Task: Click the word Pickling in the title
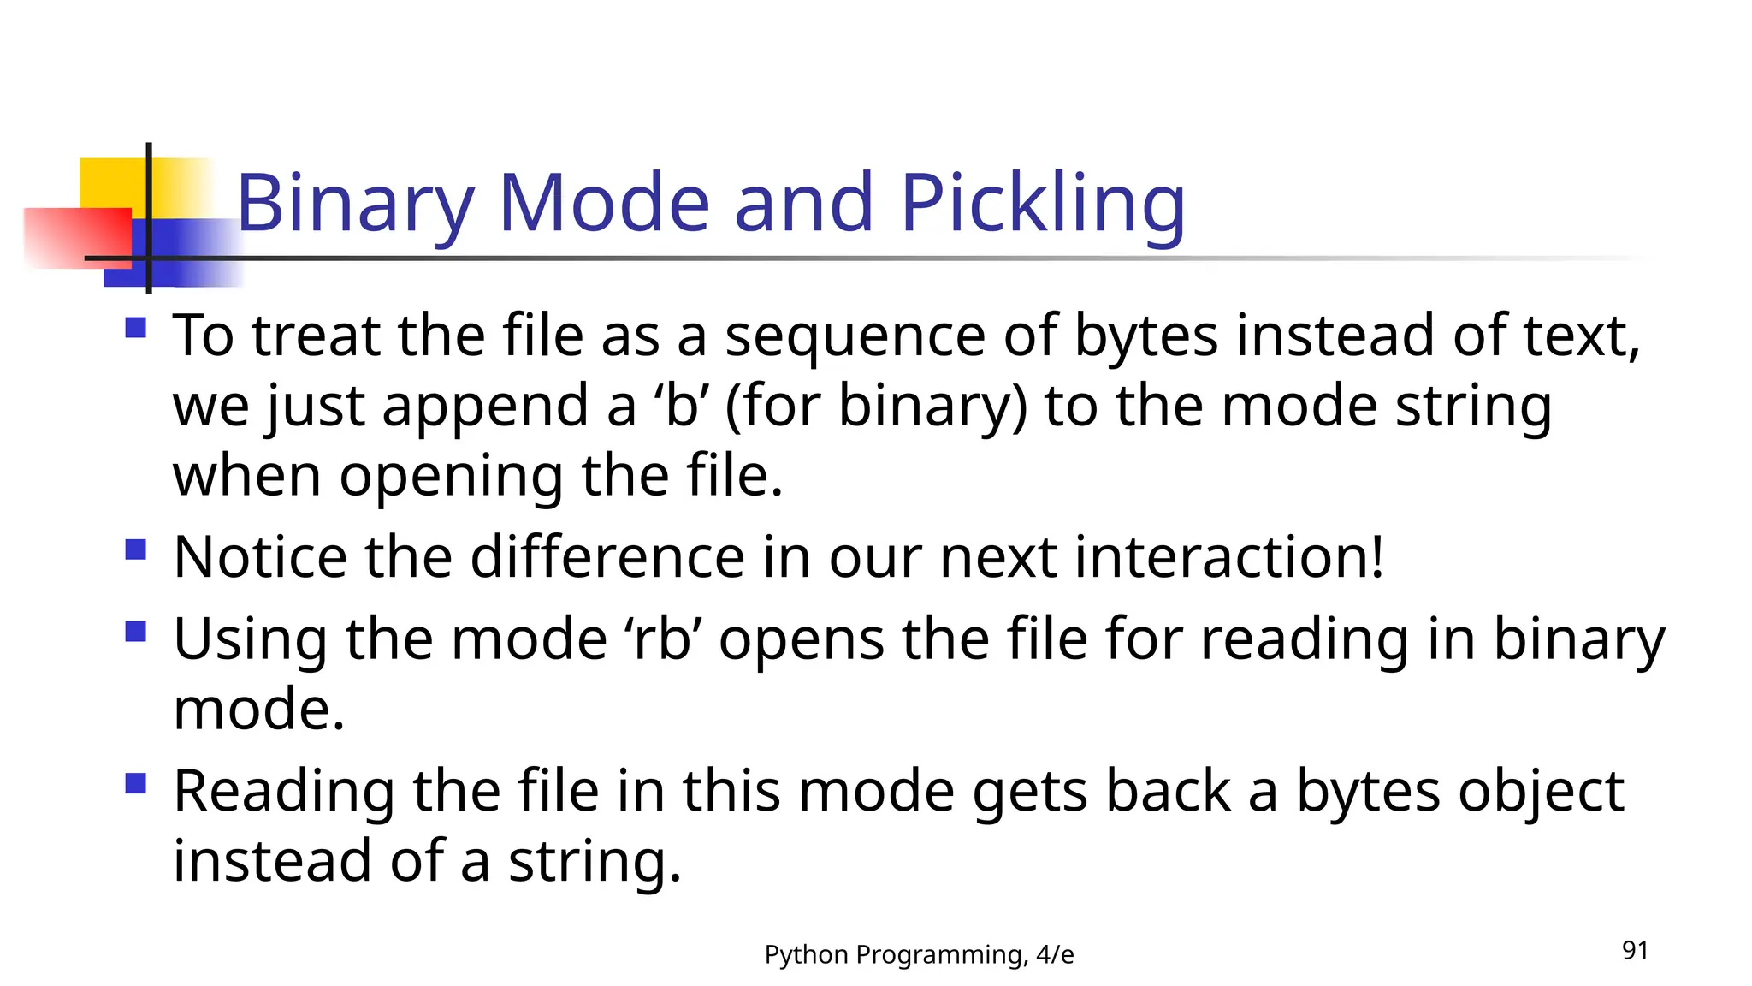(x=1042, y=204)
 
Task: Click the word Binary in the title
(x=355, y=204)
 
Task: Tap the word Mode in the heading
(x=604, y=204)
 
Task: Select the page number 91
(x=1635, y=950)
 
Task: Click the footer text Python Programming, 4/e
(x=919, y=954)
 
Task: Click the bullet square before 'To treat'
(x=136, y=328)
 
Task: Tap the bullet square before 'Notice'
(x=136, y=549)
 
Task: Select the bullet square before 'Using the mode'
(x=136, y=632)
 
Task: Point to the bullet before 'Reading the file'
(x=136, y=783)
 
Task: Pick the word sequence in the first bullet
(x=855, y=336)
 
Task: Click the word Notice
(x=260, y=557)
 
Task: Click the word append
(x=484, y=406)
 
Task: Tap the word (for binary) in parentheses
(x=875, y=406)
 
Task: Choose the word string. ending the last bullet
(x=595, y=861)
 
